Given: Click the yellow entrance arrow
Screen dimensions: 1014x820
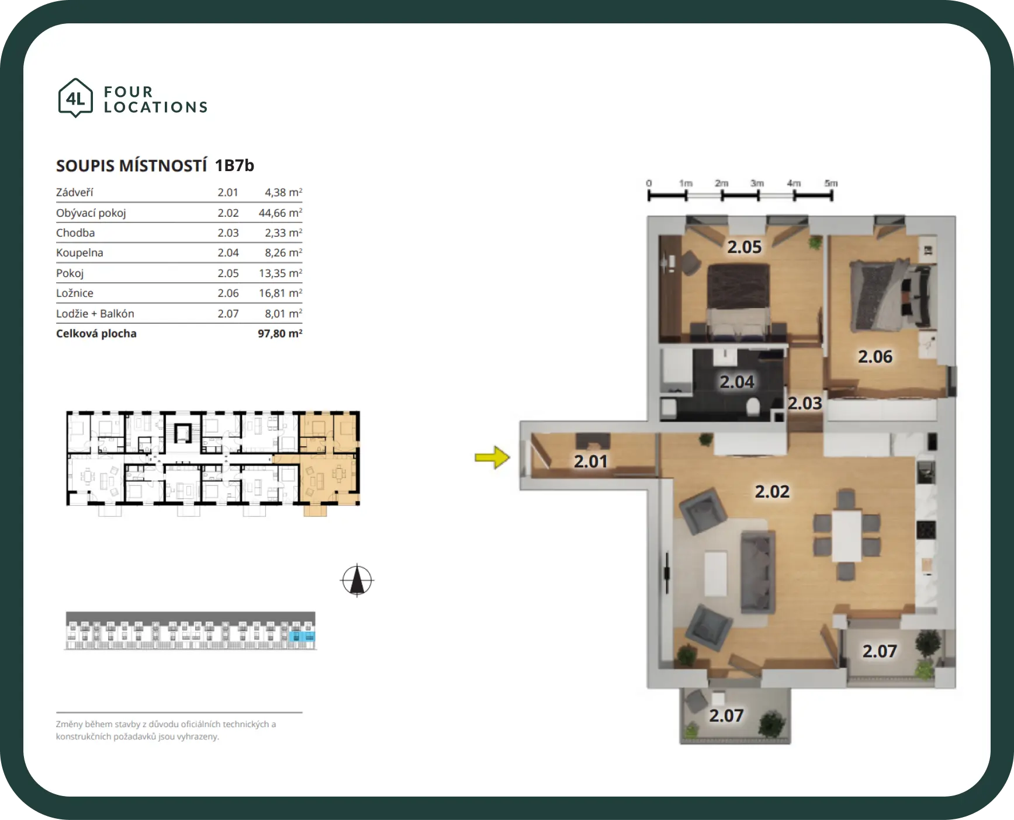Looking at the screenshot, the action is [x=493, y=457].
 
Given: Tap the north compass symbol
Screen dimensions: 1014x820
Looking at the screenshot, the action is [x=357, y=581].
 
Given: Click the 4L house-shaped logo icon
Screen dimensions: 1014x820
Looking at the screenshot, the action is [x=75, y=98].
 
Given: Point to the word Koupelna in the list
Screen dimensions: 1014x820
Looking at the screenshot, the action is [x=79, y=253].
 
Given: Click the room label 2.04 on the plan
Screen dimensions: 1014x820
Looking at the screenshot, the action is [x=737, y=382].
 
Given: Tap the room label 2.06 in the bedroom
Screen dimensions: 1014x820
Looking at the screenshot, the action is [x=875, y=356].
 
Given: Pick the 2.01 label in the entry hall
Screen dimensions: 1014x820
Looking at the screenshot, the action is [x=591, y=461].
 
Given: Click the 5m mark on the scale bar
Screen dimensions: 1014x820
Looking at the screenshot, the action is [x=831, y=183].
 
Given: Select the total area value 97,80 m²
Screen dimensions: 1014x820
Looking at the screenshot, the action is [x=280, y=333].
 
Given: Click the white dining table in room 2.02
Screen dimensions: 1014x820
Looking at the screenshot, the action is [x=847, y=536].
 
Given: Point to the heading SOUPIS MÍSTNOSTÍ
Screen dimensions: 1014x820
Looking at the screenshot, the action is [x=131, y=166].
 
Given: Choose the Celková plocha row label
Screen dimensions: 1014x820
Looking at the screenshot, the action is [x=96, y=333].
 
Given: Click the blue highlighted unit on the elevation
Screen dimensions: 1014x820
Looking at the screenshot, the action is [x=302, y=636].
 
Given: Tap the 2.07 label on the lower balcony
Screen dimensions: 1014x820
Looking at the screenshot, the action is [x=726, y=715].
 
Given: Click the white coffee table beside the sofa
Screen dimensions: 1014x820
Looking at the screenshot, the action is [x=716, y=574].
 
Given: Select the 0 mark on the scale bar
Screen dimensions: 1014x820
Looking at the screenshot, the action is [x=649, y=183].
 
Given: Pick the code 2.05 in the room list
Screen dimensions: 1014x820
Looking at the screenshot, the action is [x=228, y=273].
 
